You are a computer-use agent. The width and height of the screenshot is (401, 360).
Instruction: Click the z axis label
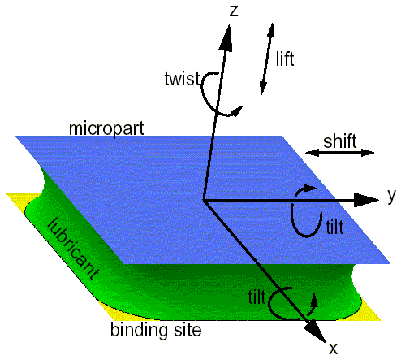(234, 11)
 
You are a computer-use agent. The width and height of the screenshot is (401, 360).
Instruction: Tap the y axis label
(391, 196)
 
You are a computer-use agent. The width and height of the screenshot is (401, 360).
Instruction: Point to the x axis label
(334, 349)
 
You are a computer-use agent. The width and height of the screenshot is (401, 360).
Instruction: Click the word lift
(285, 59)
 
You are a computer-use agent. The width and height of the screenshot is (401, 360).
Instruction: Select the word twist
(182, 79)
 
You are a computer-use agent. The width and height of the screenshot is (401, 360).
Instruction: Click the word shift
(340, 141)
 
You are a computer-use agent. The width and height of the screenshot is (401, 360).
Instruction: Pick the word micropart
(106, 128)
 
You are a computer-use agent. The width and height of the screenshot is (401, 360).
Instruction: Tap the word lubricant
(73, 249)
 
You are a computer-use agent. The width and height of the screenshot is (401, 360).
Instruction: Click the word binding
(140, 331)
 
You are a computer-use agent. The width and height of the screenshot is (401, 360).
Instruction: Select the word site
(188, 330)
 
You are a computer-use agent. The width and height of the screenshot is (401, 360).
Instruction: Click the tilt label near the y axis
(334, 227)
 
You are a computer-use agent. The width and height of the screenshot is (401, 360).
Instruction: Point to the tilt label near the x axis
(257, 297)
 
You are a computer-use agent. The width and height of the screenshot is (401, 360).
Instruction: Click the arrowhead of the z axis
(226, 37)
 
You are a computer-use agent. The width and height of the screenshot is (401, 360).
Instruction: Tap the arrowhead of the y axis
(366, 200)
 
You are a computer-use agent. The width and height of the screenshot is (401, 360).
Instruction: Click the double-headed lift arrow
(267, 59)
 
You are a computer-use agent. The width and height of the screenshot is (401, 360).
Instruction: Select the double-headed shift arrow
(340, 153)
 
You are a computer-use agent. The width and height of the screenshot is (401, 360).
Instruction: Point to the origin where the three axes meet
(204, 200)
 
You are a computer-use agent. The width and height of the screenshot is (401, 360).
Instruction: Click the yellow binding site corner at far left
(8, 194)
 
